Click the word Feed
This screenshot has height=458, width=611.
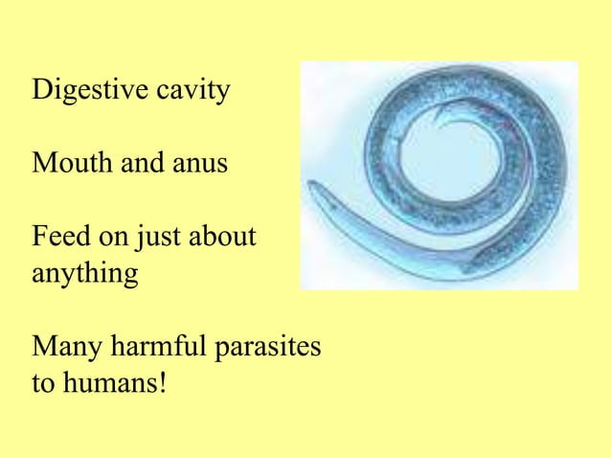click(57, 235)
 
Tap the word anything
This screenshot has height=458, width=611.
click(84, 272)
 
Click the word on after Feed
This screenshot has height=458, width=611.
click(102, 236)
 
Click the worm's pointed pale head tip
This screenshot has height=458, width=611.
click(312, 185)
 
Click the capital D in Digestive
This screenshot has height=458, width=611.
click(41, 92)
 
